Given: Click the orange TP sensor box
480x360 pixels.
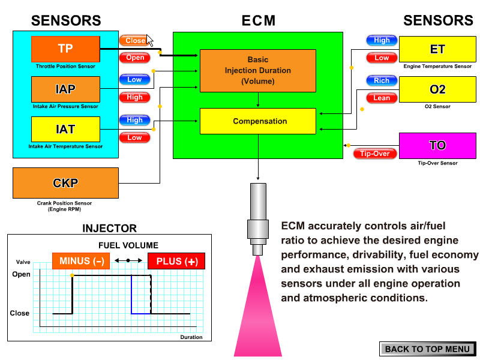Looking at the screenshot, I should point(65,49).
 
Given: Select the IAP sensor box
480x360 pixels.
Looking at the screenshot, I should point(65,89).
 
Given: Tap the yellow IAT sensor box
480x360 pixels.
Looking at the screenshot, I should point(65,129).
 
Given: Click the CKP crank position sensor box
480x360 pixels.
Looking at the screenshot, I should point(65,183).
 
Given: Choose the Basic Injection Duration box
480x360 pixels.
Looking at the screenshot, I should point(257,70).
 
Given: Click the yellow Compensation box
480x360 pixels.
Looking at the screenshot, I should point(257,121).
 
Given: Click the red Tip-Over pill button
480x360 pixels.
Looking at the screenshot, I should point(375,154).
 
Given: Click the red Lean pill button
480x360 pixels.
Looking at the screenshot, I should point(382,98).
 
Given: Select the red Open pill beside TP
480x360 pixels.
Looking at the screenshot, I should point(135,58).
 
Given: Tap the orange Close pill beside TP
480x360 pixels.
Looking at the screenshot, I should point(134,41).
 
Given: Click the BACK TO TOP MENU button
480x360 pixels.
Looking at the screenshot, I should point(427,349).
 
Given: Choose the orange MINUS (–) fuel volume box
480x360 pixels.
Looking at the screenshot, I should point(81,261).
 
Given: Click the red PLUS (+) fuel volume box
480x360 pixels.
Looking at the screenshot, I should point(176,261).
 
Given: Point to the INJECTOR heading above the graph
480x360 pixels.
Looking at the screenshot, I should point(109,229).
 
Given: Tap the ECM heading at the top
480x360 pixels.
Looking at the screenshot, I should point(258,21).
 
